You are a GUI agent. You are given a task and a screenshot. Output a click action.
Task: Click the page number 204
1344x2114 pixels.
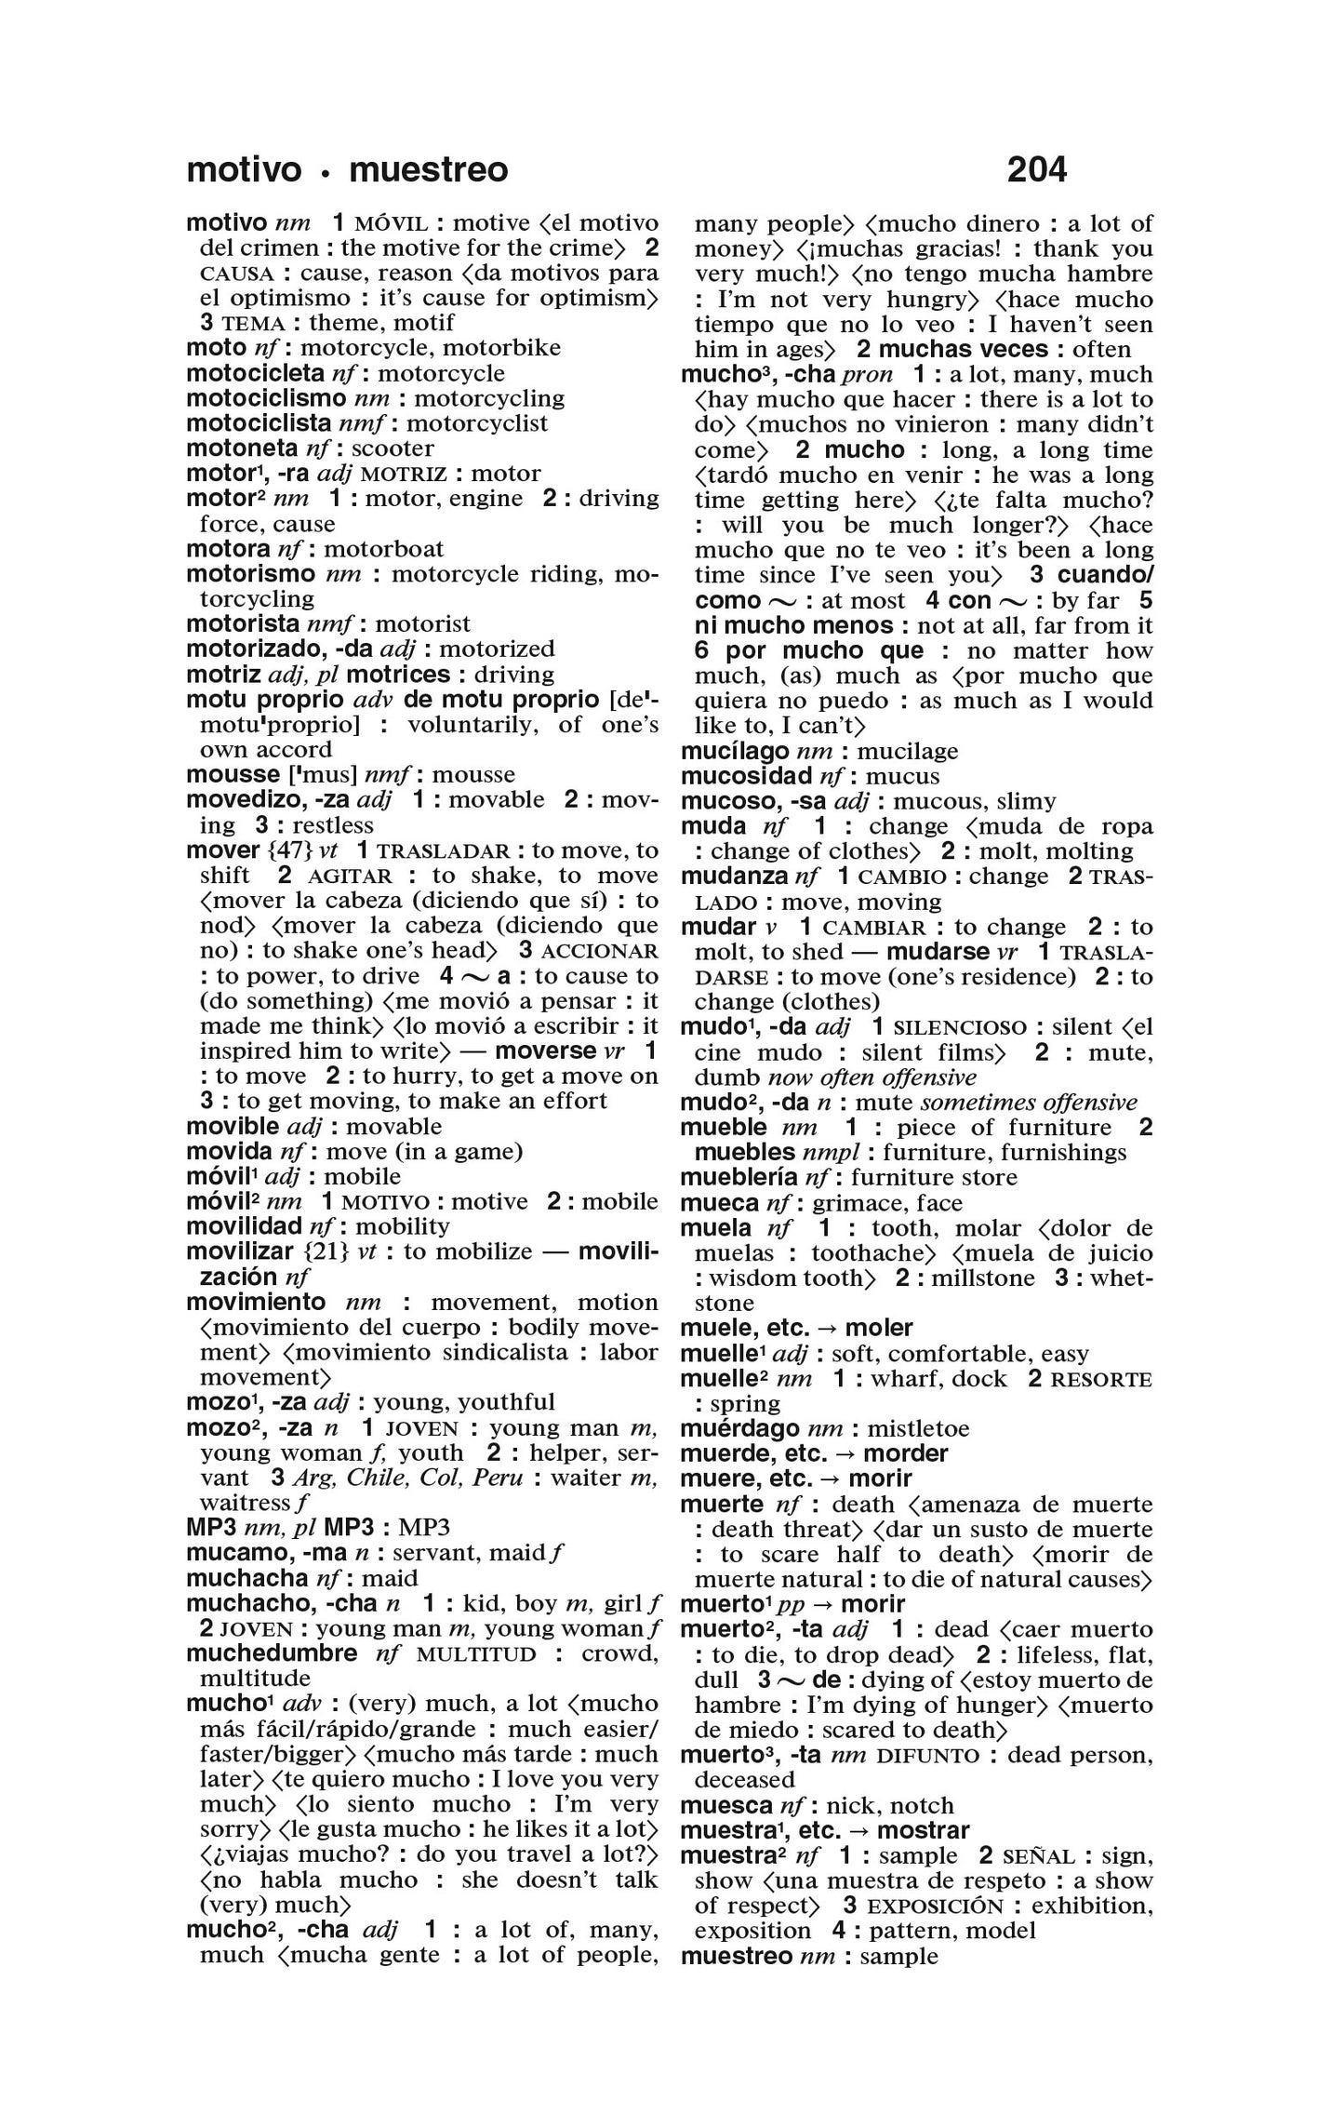click(x=1036, y=169)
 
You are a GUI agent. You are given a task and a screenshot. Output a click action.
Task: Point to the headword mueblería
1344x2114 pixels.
click(x=741, y=1177)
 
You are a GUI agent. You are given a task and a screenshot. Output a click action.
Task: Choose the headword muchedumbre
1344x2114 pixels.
click(x=272, y=1653)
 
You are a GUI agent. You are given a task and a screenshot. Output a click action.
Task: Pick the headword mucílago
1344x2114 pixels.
click(x=735, y=751)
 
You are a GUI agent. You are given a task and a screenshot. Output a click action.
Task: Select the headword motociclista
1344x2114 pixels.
click(x=258, y=423)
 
